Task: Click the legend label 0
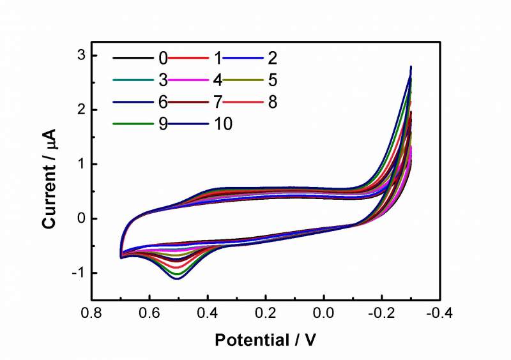tap(164, 59)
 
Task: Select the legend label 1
tap(218, 59)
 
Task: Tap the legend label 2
tap(272, 59)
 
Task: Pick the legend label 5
tap(272, 80)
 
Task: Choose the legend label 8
tap(272, 102)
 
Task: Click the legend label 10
tap(224, 124)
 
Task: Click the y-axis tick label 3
tap(80, 56)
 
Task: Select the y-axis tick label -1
tap(77, 273)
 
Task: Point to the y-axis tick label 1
tap(80, 165)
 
